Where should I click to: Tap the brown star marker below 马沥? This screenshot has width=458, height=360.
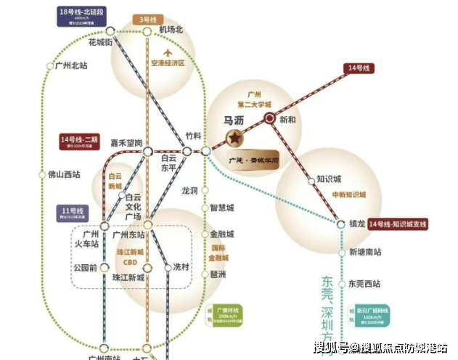point(234,137)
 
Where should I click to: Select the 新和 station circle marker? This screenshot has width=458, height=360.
point(269,118)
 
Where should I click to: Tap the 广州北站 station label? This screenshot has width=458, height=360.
point(72,65)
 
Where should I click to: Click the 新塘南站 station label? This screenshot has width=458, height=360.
point(365,253)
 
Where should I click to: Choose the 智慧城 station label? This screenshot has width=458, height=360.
point(222,208)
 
